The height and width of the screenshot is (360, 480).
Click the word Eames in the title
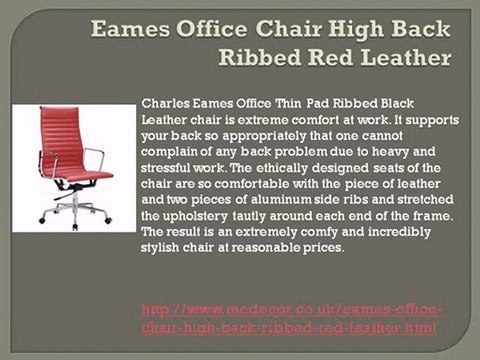pyautogui.click(x=128, y=27)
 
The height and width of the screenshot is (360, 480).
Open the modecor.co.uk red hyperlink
pyautogui.click(x=291, y=319)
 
